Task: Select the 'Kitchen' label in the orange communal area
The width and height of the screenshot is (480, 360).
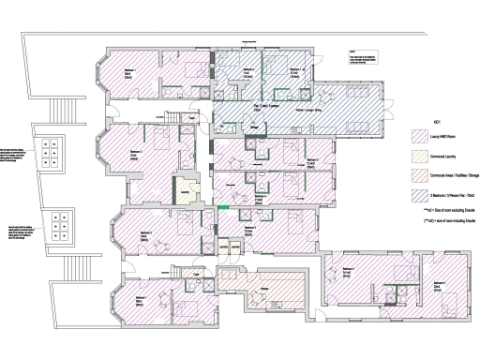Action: click(265, 289)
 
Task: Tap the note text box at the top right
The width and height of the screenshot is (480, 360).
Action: click(362, 60)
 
